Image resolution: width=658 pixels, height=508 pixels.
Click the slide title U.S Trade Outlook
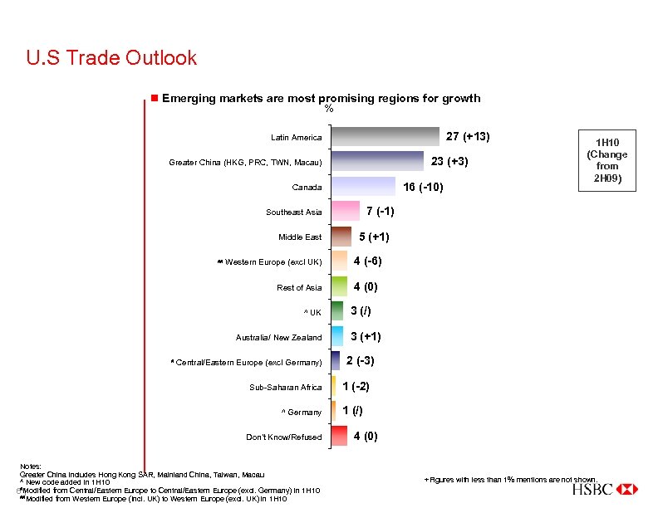click(111, 58)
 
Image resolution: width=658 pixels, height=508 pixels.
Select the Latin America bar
click(385, 137)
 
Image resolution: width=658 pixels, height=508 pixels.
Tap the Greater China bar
click(377, 162)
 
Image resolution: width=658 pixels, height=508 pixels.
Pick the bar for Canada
click(363, 187)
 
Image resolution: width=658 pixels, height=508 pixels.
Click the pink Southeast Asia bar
click(346, 212)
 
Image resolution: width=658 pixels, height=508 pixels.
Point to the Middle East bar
click(341, 237)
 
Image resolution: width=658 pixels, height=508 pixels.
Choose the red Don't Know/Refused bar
click(339, 437)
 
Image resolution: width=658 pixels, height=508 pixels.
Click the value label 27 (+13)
click(468, 136)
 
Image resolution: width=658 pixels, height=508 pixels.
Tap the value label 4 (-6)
click(367, 261)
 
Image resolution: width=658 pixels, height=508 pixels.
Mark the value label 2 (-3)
click(360, 361)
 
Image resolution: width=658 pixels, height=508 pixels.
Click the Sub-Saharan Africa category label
click(285, 388)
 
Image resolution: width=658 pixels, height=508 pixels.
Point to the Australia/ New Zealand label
click(278, 338)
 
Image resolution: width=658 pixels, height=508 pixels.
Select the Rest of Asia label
click(299, 288)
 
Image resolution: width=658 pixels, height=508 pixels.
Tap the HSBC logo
click(604, 490)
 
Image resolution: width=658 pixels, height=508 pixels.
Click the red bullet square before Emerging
click(154, 98)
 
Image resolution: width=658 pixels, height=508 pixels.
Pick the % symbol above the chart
click(329, 109)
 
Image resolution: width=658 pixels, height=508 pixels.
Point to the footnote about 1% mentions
click(510, 479)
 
